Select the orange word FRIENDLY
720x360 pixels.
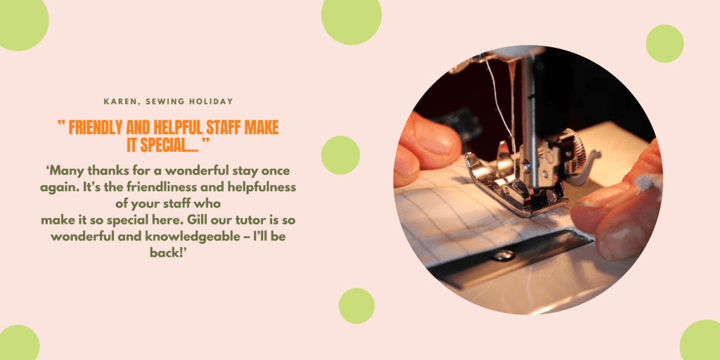(x=94, y=128)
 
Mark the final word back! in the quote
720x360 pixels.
(x=167, y=253)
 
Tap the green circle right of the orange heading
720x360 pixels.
(x=340, y=155)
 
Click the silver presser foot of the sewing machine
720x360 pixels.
(x=514, y=184)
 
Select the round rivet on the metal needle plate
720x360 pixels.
(x=503, y=255)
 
